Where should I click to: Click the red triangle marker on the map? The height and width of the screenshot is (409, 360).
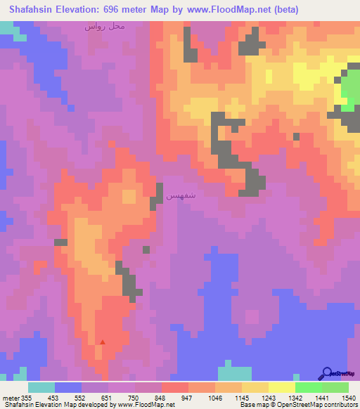(103, 342)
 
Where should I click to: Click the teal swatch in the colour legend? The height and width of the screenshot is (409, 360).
(41, 387)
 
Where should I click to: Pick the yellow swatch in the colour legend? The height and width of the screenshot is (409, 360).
(281, 387)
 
